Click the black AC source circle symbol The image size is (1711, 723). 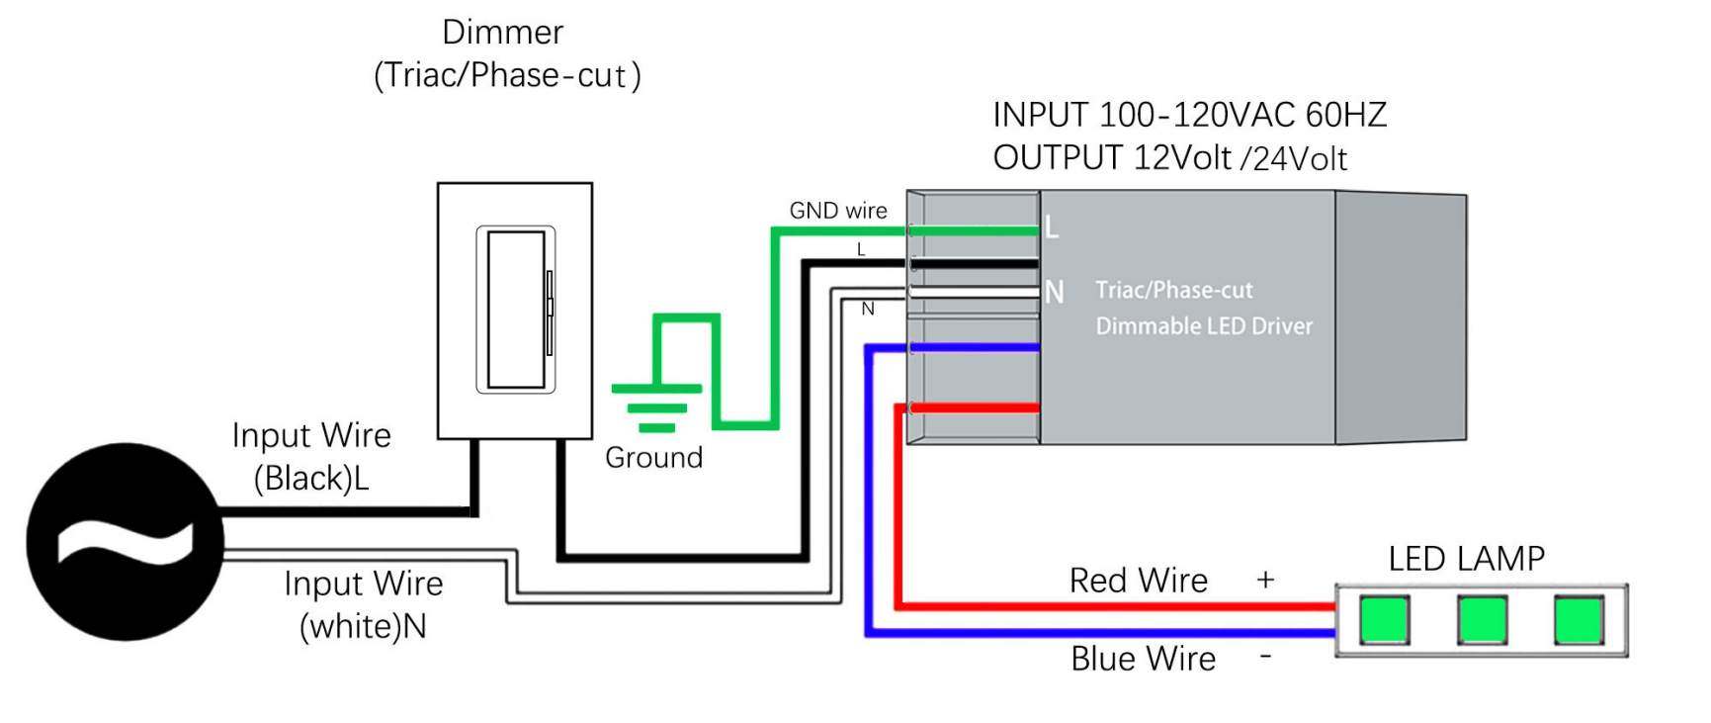tap(125, 541)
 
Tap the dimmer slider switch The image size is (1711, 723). tap(516, 310)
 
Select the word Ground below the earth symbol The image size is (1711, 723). tap(653, 458)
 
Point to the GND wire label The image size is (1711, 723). tap(837, 211)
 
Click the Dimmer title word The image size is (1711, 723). tap(502, 33)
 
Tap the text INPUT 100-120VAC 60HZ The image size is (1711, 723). tap(1189, 115)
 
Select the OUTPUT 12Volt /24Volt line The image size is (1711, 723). tap(1169, 158)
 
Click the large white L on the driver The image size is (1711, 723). tap(1052, 227)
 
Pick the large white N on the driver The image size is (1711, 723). tap(1055, 293)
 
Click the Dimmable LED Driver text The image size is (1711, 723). tap(1204, 326)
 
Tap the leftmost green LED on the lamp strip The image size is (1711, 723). tap(1384, 620)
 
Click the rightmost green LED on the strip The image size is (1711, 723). tap(1579, 620)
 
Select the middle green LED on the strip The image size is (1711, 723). tap(1482, 620)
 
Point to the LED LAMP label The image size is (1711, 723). tap(1466, 559)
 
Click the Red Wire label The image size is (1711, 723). tap(1138, 581)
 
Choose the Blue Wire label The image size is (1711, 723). tap(1143, 659)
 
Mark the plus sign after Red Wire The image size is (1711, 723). tap(1265, 580)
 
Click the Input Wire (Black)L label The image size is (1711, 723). tap(311, 457)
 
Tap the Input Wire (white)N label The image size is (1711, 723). tap(363, 604)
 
